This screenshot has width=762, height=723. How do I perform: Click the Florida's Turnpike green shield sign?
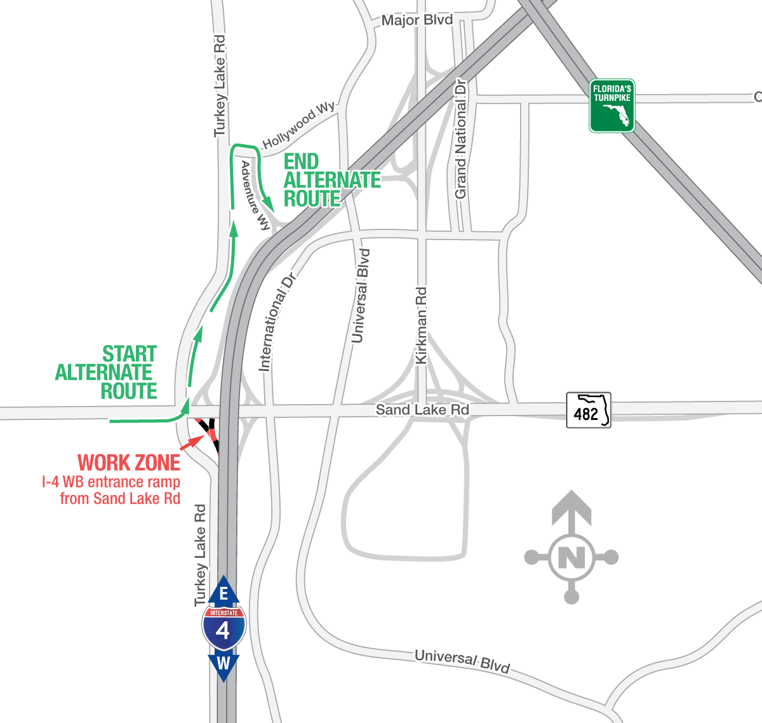[612, 106]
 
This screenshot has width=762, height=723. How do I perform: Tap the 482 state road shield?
[589, 410]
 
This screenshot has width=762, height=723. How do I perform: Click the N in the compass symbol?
[571, 558]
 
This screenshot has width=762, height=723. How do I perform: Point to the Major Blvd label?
[417, 20]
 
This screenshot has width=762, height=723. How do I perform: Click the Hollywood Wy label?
[299, 125]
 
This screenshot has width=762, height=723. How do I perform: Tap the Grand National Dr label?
[461, 139]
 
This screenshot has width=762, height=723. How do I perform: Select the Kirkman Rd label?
[421, 326]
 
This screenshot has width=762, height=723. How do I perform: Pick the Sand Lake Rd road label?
[422, 410]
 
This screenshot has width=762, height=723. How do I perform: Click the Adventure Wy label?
[255, 195]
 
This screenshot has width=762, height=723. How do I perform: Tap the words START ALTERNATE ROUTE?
[107, 372]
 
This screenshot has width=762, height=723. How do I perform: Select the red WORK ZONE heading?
[129, 463]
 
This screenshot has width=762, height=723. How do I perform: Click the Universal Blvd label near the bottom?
[462, 661]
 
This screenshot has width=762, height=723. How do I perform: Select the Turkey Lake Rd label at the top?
[220, 86]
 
